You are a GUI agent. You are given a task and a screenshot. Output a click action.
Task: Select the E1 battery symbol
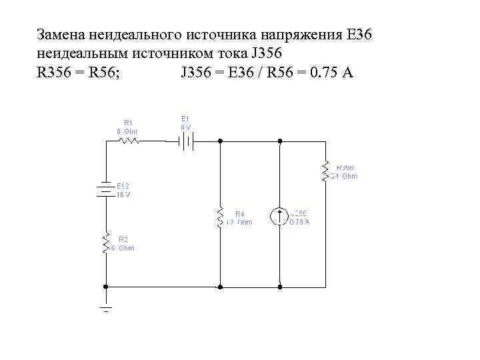pyautogui.click(x=185, y=141)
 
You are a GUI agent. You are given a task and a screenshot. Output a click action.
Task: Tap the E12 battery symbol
pyautogui.click(x=105, y=189)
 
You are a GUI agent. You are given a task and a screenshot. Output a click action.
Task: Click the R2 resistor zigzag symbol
pyautogui.click(x=105, y=243)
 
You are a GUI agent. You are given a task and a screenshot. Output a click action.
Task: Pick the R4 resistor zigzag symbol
pyautogui.click(x=220, y=217)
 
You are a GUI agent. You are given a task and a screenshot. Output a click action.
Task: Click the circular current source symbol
pyautogui.click(x=280, y=217)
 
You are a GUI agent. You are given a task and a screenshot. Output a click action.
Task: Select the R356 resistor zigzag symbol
pyautogui.click(x=326, y=171)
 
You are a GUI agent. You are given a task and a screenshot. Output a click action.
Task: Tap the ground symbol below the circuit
pyautogui.click(x=105, y=307)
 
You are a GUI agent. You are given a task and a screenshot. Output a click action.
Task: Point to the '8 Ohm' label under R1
pyautogui.click(x=127, y=131)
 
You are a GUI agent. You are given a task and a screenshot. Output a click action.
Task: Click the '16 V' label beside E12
pyautogui.click(x=124, y=195)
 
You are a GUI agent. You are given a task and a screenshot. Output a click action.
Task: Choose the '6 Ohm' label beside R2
pyautogui.click(x=123, y=248)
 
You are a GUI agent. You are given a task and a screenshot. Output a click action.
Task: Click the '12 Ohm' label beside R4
pyautogui.click(x=239, y=222)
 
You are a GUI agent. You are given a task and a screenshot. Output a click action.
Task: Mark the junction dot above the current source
pyautogui.click(x=280, y=141)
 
